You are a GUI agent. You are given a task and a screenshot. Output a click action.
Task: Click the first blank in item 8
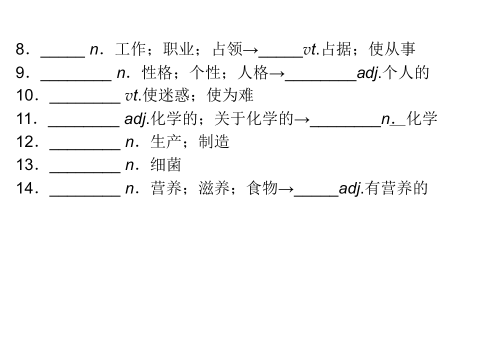click(63, 56)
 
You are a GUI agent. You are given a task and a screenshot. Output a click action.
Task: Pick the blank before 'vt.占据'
click(280, 56)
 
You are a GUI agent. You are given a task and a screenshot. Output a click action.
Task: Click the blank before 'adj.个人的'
click(321, 80)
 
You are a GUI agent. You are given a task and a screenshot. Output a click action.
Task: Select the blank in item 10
click(85, 103)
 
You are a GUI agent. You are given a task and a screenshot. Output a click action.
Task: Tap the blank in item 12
click(85, 149)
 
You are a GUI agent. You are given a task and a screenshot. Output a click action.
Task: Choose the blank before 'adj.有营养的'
click(316, 195)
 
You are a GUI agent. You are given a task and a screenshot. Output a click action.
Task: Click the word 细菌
click(166, 164)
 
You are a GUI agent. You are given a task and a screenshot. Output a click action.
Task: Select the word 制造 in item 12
click(214, 141)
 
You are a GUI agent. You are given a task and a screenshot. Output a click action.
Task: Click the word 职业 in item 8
click(178, 49)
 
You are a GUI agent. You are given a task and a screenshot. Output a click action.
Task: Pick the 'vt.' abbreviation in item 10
click(133, 95)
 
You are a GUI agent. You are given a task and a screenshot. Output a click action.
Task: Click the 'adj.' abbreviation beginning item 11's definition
click(137, 119)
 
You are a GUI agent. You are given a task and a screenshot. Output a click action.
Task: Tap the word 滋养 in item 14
click(214, 188)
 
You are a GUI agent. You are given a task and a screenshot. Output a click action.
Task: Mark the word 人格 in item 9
click(253, 72)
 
